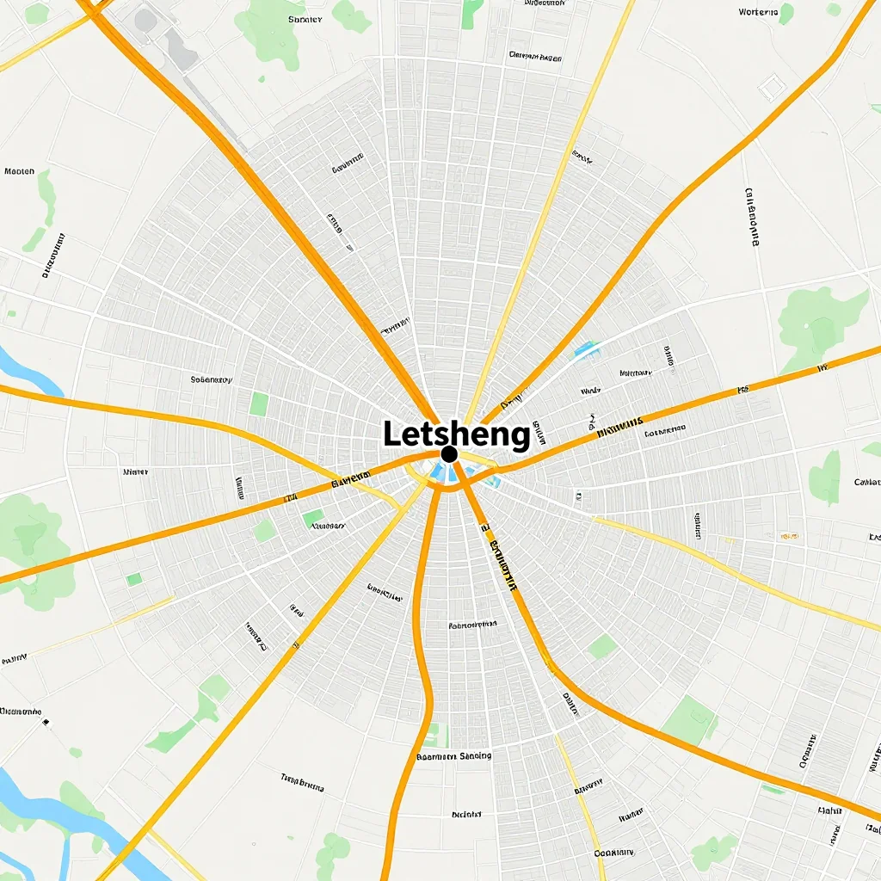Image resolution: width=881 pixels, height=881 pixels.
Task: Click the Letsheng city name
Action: pos(456,434)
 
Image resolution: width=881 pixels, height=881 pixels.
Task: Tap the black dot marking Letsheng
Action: pos(448,453)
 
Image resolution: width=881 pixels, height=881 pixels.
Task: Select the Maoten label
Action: pos(19,171)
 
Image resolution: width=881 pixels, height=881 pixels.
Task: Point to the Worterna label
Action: pos(758,12)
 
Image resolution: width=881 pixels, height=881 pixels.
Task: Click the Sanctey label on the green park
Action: pos(305,18)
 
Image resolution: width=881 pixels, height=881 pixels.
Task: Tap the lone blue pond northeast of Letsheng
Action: pos(585,349)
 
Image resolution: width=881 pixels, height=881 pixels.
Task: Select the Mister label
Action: pos(135,472)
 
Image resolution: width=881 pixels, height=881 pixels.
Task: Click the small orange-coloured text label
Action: pos(787,536)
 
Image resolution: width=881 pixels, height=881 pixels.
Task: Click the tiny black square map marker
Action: pos(46,723)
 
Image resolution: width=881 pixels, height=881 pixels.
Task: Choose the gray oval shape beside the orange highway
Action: pos(146,20)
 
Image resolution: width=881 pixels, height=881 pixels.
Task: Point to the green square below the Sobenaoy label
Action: pos(258,404)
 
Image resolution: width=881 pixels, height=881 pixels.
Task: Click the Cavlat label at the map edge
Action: pos(866,482)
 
